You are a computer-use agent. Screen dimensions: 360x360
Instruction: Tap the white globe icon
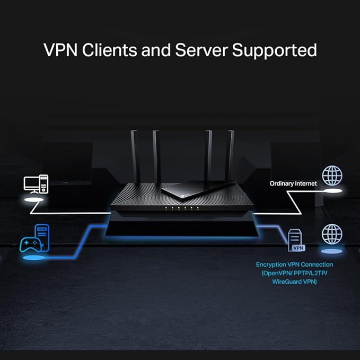tap(332, 175)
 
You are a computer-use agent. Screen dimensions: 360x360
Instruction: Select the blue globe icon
tap(332, 233)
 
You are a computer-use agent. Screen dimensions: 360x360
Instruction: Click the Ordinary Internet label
tap(293, 183)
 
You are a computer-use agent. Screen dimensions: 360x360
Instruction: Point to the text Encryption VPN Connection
tap(294, 264)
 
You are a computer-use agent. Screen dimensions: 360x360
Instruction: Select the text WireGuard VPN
tap(294, 282)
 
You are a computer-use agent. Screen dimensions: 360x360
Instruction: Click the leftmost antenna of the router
tap(135, 156)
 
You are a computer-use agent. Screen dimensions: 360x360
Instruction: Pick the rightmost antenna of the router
tap(230, 156)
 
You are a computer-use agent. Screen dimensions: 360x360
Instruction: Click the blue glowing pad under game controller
tap(33, 258)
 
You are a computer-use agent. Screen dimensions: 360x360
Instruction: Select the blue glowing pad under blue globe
tap(332, 251)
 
